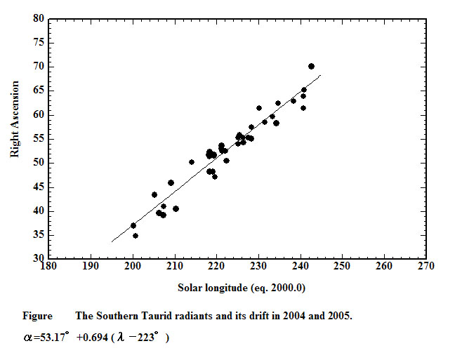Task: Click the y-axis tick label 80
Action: pos(39,18)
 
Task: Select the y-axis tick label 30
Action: pos(39,259)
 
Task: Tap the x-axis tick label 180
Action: pos(48,267)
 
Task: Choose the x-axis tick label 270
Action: pos(425,267)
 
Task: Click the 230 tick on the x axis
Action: pos(258,267)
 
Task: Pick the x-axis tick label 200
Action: pos(132,267)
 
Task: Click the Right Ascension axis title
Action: pos(15,119)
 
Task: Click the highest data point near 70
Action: pos(311,66)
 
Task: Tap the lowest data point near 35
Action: pos(136,236)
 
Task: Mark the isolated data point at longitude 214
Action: pos(192,162)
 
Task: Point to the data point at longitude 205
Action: pos(154,194)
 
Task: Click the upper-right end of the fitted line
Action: pos(320,75)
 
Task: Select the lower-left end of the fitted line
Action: pos(112,242)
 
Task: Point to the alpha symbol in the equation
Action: pos(27,338)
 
